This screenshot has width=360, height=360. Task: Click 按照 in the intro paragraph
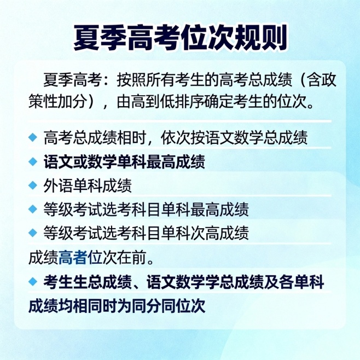click(x=129, y=80)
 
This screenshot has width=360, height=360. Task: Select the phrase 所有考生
click(x=175, y=80)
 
